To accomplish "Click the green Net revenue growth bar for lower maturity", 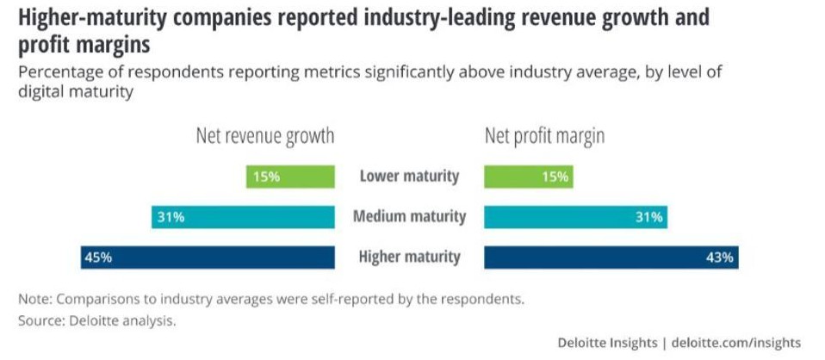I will pyautogui.click(x=289, y=177).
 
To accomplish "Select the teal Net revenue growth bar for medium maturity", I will pyautogui.click(x=243, y=217).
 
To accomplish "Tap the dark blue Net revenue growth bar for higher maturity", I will pyautogui.click(x=207, y=257).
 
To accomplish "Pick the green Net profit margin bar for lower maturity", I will pyautogui.click(x=528, y=177).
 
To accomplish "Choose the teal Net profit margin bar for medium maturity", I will pyautogui.click(x=575, y=217).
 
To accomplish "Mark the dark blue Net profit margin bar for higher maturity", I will pyautogui.click(x=611, y=257).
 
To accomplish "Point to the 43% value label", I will pyautogui.click(x=720, y=257).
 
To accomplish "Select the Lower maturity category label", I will pyautogui.click(x=409, y=177).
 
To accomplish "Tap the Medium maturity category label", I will pyautogui.click(x=409, y=216).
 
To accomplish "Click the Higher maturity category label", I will pyautogui.click(x=409, y=257).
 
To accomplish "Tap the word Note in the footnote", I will pyautogui.click(x=34, y=300).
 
